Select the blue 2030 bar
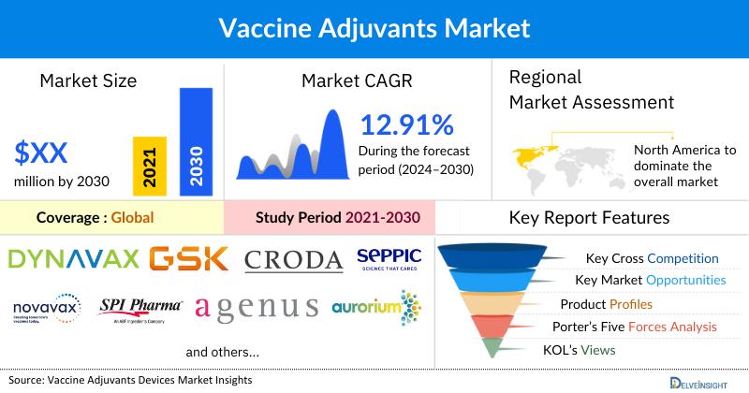pyautogui.click(x=195, y=141)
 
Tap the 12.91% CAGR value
pyautogui.click(x=407, y=124)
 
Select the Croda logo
pyautogui.click(x=293, y=259)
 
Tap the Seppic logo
pyautogui.click(x=389, y=257)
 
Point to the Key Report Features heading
pyautogui.click(x=589, y=218)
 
